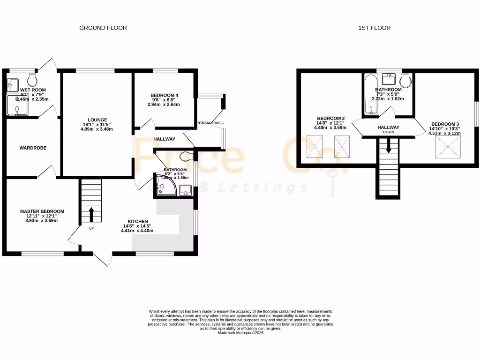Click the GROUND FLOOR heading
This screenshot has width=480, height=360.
pos(103,28)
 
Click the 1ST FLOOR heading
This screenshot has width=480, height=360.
pos(374,28)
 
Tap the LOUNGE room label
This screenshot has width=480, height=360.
pos(97,120)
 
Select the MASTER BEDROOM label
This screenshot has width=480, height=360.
pos(42,211)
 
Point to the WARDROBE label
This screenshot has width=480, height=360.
pos(33,148)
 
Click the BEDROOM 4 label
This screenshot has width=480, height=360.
pos(164,96)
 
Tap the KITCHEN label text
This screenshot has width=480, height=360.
pos(138,221)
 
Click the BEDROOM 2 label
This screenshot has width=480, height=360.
pos(331,118)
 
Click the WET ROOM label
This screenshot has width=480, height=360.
pos(29,90)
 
